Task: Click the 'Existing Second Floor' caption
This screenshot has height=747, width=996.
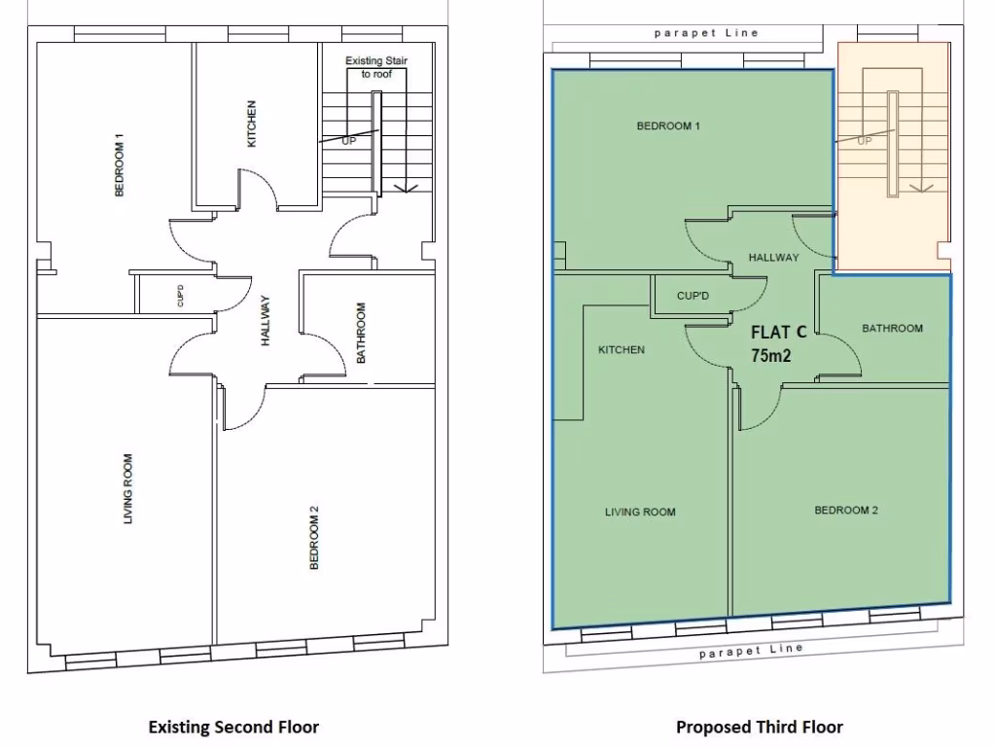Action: coord(232,727)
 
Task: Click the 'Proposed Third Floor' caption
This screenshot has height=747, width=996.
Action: coord(760,727)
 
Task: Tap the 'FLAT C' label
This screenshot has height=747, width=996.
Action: coord(778,333)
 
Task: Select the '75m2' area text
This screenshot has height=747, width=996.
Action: coord(770,355)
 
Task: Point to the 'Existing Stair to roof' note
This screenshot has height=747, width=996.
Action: coord(376,67)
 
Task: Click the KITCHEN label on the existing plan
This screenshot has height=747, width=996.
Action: coord(252,124)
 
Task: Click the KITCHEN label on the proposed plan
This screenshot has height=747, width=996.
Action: coord(621,350)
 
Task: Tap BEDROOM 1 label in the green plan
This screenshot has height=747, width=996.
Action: coord(668,125)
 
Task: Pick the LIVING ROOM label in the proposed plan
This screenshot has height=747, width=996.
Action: coord(639,513)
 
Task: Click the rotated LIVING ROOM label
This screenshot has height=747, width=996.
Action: coord(127,489)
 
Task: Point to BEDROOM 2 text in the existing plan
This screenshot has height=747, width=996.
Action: coord(313,537)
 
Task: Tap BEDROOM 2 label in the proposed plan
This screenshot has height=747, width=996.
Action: coord(846,511)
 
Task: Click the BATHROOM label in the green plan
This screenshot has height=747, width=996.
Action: coord(892,329)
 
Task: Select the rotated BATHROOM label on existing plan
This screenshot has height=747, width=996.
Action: coord(361,333)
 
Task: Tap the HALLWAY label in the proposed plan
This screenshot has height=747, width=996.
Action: coord(773,258)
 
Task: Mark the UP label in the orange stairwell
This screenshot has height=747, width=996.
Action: coord(864,140)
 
